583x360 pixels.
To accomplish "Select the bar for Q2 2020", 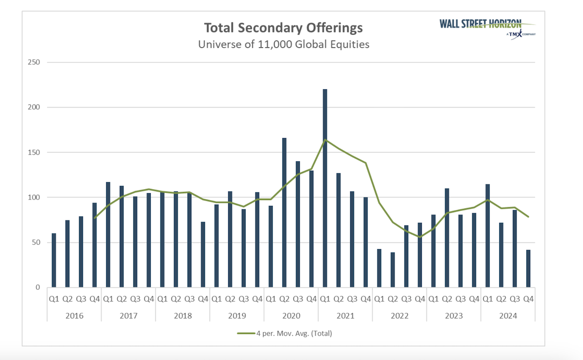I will (284, 212).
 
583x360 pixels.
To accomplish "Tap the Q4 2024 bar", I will (528, 268).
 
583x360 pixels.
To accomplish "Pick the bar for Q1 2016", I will (54, 260).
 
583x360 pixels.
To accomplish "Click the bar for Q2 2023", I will (447, 237).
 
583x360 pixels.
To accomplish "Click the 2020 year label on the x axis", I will (291, 316).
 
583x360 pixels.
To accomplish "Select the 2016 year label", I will (74, 316).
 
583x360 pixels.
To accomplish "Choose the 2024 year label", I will (508, 316).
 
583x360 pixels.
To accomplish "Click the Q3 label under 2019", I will (244, 299).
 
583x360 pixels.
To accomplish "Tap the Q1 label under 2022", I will (379, 299).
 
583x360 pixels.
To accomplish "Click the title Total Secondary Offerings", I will (283, 28).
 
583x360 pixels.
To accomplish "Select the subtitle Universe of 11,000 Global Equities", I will (283, 45).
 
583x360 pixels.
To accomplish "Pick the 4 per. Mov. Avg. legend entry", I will (285, 333).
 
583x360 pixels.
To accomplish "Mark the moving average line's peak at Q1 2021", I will (325, 140).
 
